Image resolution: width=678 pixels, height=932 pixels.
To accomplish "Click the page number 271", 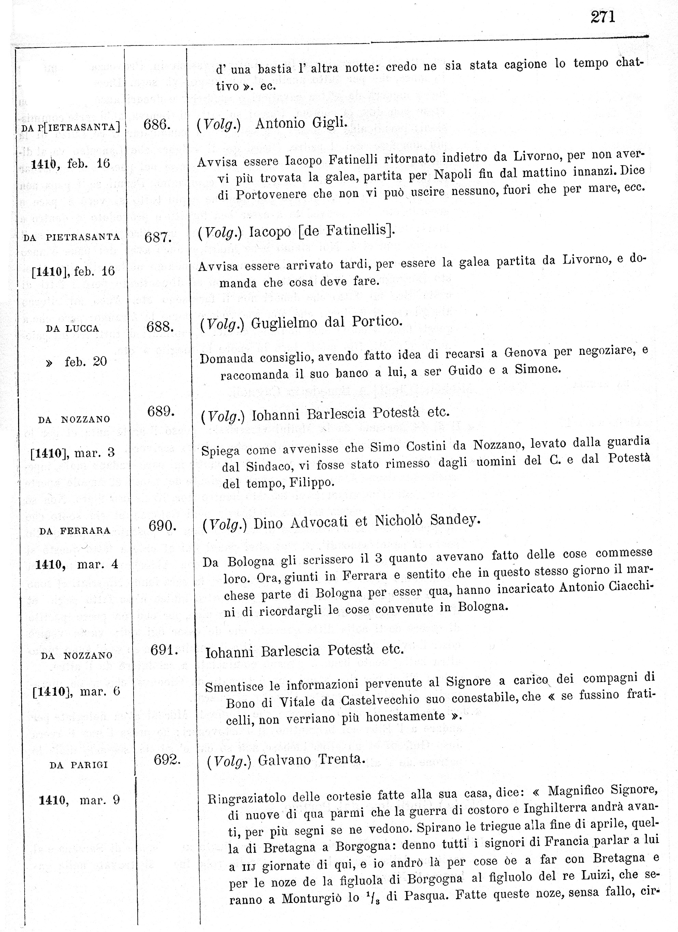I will pyautogui.click(x=603, y=17).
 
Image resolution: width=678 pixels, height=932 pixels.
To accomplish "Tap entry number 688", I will pyautogui.click(x=160, y=327).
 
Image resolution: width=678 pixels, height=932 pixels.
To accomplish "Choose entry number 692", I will pyautogui.click(x=167, y=760).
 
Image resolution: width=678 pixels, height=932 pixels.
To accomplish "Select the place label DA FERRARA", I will pyautogui.click(x=75, y=531).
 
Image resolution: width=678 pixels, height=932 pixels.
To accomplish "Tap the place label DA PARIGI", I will pyautogui.click(x=79, y=765).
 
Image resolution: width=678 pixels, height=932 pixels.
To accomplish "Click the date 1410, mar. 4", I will pyautogui.click(x=77, y=565).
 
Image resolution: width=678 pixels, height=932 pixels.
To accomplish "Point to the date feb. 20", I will pyautogui.click(x=85, y=362).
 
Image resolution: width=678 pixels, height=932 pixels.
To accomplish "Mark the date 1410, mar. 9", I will pyautogui.click(x=79, y=800).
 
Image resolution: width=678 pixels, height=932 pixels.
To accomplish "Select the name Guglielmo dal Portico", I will pyautogui.click(x=326, y=322).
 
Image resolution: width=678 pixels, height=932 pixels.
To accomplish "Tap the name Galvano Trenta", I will pyautogui.click(x=312, y=760).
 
